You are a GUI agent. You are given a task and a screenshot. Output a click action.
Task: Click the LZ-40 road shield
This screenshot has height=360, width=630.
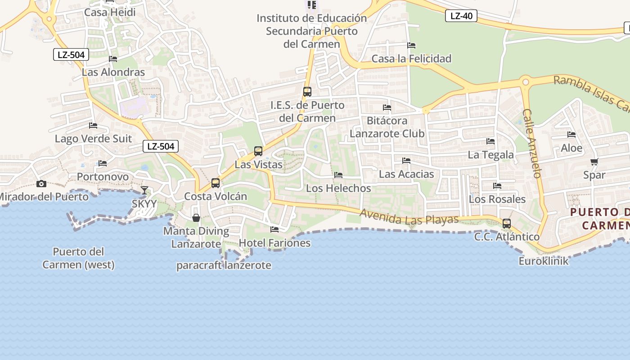click(x=461, y=16)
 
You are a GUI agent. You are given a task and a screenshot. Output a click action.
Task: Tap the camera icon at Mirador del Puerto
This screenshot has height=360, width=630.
click(x=41, y=184)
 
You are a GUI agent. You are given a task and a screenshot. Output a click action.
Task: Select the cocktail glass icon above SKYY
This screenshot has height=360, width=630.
click(x=144, y=190)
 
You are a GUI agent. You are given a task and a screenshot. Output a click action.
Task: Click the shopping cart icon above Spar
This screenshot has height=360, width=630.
click(x=594, y=162)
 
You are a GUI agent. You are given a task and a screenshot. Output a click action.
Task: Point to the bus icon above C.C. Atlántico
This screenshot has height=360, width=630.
click(x=507, y=223)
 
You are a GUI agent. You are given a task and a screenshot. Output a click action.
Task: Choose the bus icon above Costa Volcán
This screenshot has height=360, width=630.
click(x=216, y=183)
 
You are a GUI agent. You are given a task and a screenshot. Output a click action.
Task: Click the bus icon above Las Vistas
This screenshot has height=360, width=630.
click(x=258, y=151)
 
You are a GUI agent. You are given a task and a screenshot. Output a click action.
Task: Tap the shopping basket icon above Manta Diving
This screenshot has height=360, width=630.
click(x=196, y=218)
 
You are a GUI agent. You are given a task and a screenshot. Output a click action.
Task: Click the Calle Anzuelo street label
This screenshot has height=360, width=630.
click(x=531, y=143)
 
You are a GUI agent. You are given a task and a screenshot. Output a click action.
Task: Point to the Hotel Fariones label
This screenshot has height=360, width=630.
click(x=274, y=243)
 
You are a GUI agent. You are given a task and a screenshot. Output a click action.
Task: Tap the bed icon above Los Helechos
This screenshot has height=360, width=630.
click(x=338, y=175)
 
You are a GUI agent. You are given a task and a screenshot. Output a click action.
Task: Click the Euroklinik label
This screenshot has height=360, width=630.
click(x=544, y=261)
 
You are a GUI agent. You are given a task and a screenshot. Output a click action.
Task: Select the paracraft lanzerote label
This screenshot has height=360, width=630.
click(x=224, y=265)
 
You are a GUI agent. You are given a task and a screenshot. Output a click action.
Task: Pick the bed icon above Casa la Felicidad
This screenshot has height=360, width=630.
click(x=411, y=45)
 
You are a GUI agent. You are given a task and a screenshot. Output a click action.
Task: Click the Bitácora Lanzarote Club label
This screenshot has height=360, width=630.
click(x=387, y=127)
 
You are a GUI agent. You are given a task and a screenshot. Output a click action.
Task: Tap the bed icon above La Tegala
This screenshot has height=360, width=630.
click(x=490, y=141)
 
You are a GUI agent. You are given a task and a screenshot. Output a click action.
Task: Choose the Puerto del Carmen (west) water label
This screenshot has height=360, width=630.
click(x=78, y=258)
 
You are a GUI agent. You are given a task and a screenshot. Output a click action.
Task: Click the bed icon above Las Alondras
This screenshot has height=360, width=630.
click(x=113, y=59)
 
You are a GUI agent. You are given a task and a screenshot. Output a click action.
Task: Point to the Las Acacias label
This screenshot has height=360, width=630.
click(x=406, y=174)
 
